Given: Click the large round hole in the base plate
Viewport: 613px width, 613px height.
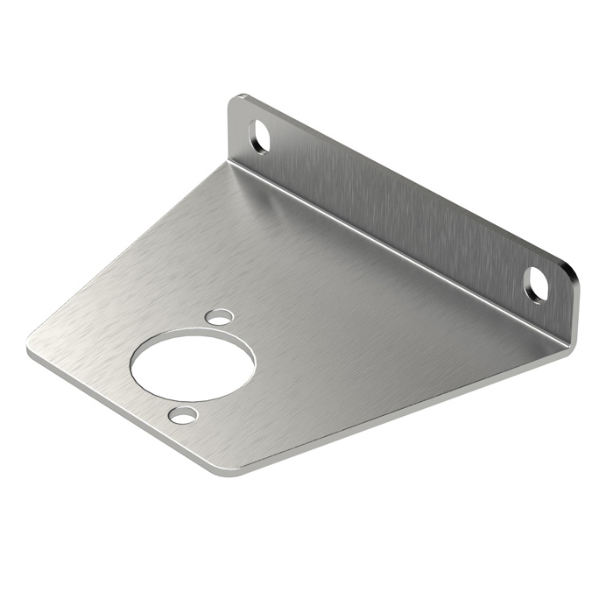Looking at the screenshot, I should tap(193, 364).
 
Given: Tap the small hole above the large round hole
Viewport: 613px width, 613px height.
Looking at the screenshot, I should tap(218, 316).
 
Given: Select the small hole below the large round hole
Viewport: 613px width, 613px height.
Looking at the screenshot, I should tap(183, 415).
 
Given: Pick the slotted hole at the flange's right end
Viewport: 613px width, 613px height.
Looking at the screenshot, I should tap(535, 283).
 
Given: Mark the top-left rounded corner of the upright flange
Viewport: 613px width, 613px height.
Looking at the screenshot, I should tap(239, 99).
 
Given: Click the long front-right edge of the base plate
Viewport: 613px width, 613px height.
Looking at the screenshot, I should tap(394, 412).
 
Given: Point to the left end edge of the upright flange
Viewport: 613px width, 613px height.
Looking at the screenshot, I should tap(230, 131).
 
